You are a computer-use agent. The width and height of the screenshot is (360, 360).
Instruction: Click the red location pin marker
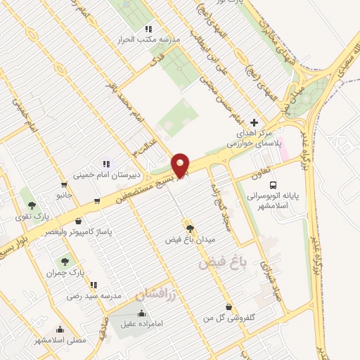pyautogui.click(x=181, y=165)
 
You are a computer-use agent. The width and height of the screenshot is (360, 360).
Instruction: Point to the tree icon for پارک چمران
pyautogui.click(x=67, y=260)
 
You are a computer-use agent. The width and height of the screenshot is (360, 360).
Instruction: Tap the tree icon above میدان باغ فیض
pyautogui.click(x=189, y=228)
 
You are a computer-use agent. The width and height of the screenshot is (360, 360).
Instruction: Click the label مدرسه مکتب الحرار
pyautogui.click(x=152, y=40)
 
